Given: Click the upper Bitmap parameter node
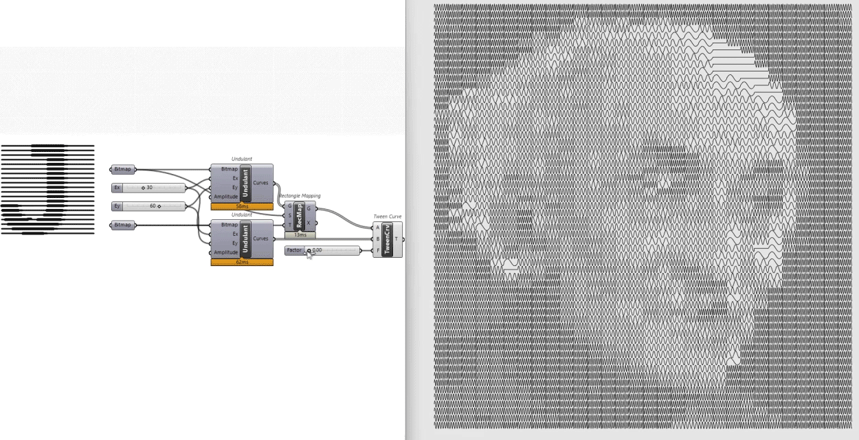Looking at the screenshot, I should point(123,169).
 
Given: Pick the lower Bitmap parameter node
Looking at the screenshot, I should point(123,225).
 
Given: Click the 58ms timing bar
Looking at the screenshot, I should point(242,206).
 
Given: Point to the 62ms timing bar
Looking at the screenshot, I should point(242,262).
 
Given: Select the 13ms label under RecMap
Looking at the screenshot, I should point(300,235).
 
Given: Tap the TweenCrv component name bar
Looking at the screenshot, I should point(387,239).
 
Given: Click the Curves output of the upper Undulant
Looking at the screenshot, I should point(261,183).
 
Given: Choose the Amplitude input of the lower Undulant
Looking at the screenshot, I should point(226,252).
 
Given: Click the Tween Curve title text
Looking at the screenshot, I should point(388,217).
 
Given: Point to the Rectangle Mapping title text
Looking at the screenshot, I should point(300,196).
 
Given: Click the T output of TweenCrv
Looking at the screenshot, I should point(396,239).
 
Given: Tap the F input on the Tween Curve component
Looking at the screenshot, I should point(377,251).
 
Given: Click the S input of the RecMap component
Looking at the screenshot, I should point(289,215).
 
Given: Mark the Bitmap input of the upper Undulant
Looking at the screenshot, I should point(229,169).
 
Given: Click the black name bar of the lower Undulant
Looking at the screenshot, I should point(245,239).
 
